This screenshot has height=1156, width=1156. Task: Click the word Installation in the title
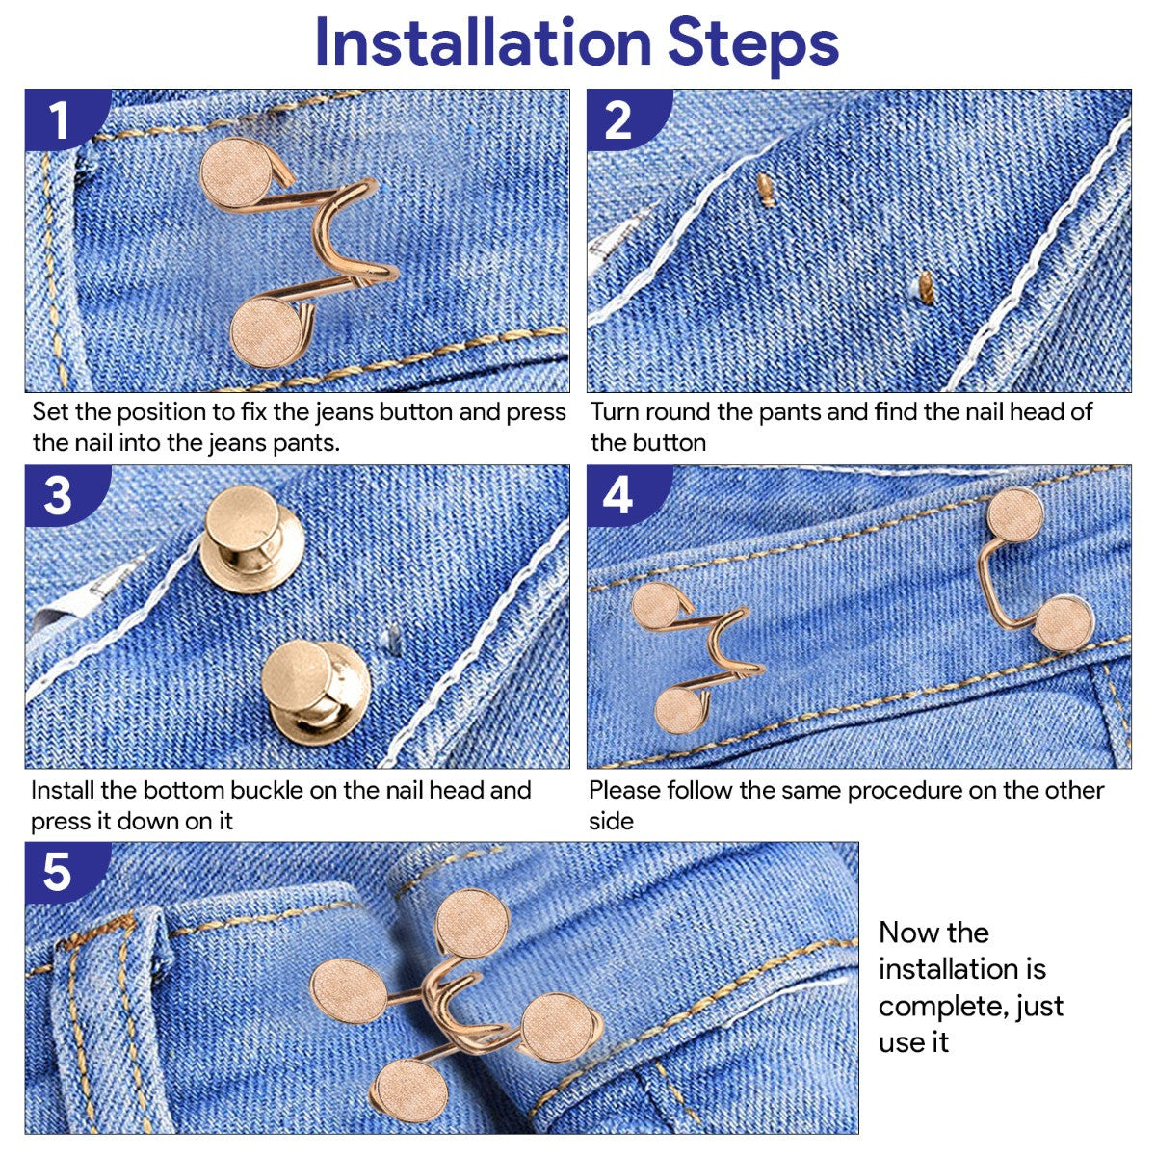click(x=483, y=42)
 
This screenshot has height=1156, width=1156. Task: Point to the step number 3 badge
click(x=58, y=497)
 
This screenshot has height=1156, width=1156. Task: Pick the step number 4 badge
click(x=617, y=497)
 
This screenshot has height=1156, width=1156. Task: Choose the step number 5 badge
click(x=58, y=871)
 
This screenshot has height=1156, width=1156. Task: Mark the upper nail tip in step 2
click(x=766, y=190)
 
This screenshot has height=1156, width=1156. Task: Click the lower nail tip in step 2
click(x=926, y=286)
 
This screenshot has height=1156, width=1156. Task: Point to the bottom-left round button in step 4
click(x=684, y=711)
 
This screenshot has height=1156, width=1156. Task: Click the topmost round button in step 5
click(x=472, y=922)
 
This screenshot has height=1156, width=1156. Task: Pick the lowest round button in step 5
click(x=408, y=1090)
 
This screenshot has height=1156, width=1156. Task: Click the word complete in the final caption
click(x=935, y=1007)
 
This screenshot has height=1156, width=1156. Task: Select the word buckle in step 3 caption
click(x=284, y=791)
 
